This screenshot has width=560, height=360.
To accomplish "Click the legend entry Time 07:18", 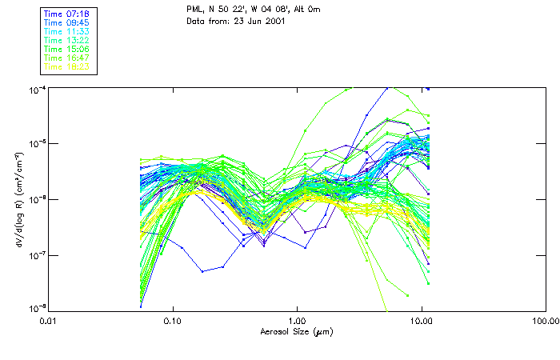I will (66, 14).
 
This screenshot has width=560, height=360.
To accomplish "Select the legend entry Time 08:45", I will (66, 23).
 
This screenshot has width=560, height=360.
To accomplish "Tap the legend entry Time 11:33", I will (66, 31).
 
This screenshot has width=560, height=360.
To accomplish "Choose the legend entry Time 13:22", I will (66, 40).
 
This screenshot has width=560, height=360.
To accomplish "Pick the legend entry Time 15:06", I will (66, 49).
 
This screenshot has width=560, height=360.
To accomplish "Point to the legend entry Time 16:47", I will (66, 58).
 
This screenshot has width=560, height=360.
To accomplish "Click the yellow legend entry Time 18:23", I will (66, 66).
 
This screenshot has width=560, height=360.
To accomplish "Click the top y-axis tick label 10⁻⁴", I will (38, 90).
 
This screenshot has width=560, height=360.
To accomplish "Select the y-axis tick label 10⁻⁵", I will (38, 144).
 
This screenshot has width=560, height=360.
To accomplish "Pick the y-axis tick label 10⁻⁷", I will (38, 255).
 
